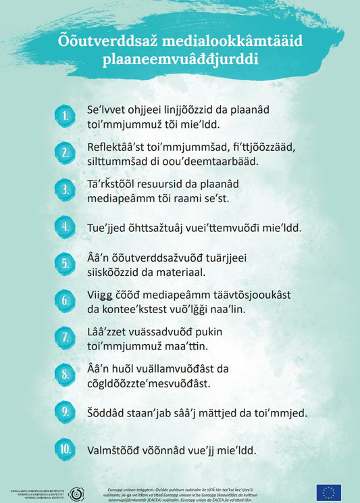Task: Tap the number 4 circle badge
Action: click(66, 226)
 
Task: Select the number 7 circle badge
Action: click(66, 337)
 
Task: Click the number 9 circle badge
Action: click(66, 412)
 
